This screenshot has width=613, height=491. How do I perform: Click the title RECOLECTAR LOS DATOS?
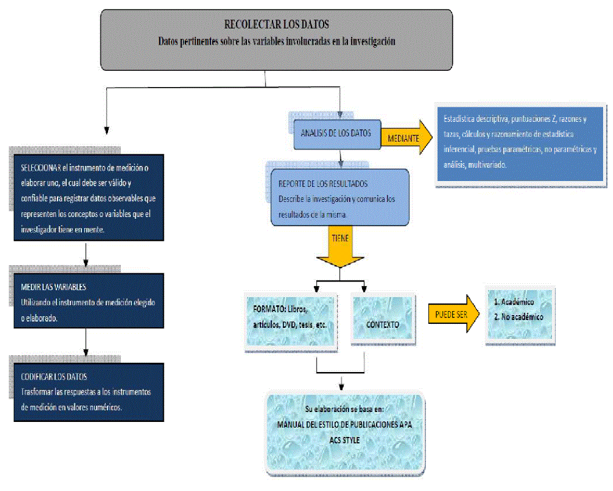(x=277, y=25)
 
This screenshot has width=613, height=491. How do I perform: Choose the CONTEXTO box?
(x=382, y=324)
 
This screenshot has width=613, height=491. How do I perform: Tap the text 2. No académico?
(x=518, y=317)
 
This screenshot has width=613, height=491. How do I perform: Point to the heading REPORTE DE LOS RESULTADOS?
(x=323, y=183)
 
